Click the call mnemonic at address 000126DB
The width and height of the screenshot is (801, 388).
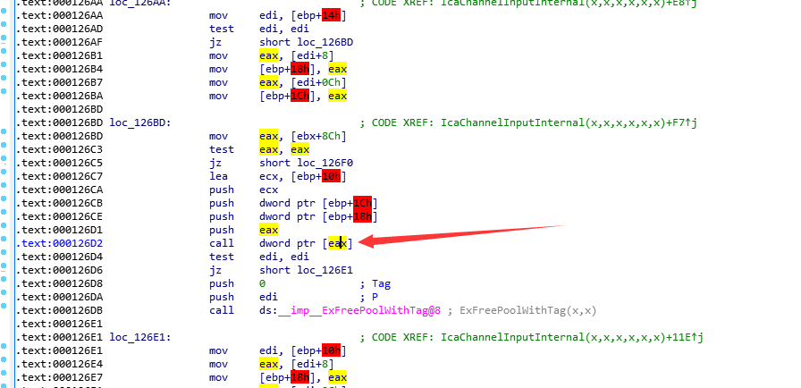(221, 310)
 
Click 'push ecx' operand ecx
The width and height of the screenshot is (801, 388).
(268, 190)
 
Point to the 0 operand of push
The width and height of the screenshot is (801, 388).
(262, 283)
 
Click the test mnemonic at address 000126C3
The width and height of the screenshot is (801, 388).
(221, 148)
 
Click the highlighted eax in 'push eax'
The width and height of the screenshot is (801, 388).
(268, 230)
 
